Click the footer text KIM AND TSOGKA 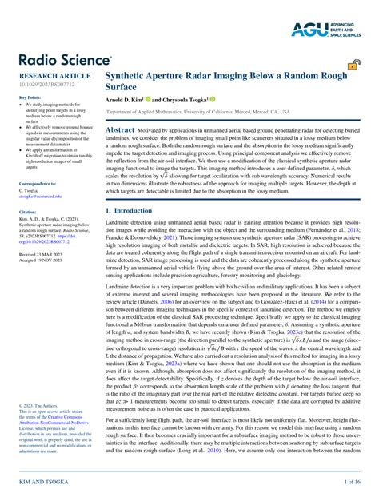(40, 483)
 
